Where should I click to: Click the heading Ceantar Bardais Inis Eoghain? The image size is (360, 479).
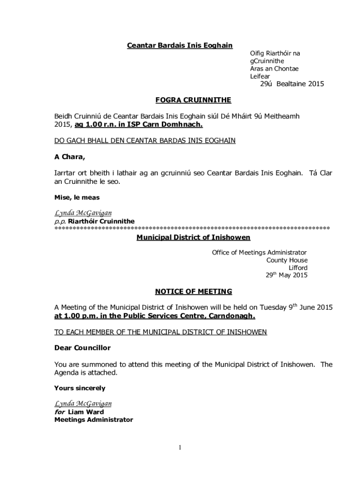180,45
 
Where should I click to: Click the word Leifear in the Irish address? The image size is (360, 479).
260,76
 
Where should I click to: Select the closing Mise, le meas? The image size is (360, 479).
77,197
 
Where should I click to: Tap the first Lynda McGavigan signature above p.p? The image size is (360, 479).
83,213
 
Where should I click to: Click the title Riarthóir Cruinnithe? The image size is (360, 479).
101,221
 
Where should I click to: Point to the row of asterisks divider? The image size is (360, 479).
192,228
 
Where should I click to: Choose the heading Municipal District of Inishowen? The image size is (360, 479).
193,238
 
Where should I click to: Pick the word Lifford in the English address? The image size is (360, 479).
298,268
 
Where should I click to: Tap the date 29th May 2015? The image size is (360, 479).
287,276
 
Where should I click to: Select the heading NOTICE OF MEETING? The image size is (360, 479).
193,292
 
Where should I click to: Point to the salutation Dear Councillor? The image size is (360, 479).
82,348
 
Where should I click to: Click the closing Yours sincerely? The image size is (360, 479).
79,388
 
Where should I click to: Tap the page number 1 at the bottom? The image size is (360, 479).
180,448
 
